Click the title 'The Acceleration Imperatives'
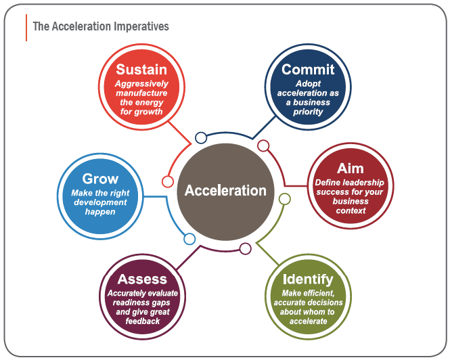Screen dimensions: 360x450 [x=101, y=26]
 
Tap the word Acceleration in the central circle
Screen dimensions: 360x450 [x=225, y=190]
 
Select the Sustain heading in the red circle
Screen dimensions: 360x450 [x=141, y=69]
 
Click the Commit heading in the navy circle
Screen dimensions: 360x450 [x=308, y=69]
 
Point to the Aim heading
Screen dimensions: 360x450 [x=350, y=168]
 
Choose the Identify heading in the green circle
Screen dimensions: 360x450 [x=308, y=279]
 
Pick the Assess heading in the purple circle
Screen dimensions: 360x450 [x=142, y=279]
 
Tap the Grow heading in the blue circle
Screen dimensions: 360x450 [x=100, y=179]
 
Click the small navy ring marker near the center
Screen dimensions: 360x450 [x=201, y=138]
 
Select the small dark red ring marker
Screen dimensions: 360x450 [x=264, y=145]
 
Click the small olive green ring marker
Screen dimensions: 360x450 [x=285, y=199]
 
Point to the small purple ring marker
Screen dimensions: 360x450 [x=245, y=248]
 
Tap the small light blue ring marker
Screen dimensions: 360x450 [x=189, y=239]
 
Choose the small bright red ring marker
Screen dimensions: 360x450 [x=167, y=181]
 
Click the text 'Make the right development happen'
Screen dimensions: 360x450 [x=100, y=202]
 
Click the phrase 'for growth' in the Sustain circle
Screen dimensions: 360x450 [x=141, y=111]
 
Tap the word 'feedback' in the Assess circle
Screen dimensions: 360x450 [x=142, y=321]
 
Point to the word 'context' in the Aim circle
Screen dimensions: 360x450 [x=351, y=210]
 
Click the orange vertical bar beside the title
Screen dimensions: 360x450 [x=26, y=27]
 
